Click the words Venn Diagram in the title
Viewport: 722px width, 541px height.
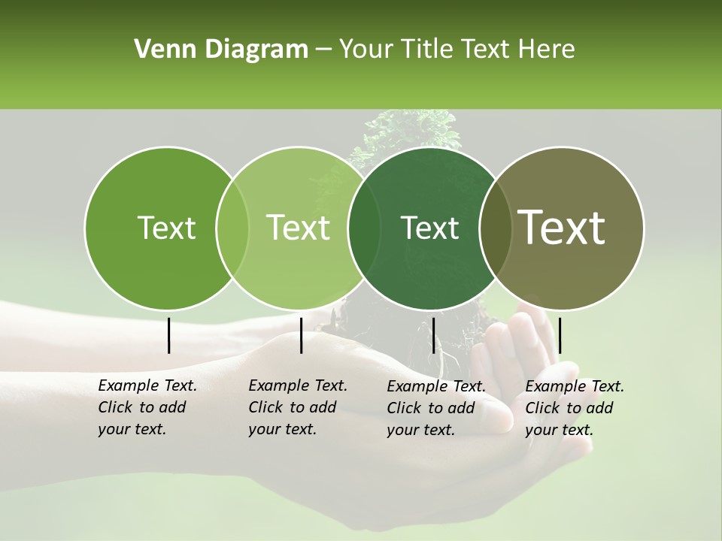coord(221,50)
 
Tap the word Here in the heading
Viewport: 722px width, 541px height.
coord(546,50)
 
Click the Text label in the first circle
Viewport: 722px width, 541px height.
coord(166,228)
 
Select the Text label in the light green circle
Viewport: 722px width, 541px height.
coord(298,228)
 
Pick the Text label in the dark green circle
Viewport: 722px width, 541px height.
coord(429,228)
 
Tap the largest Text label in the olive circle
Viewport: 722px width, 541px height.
coord(562,228)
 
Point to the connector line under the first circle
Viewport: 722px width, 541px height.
coord(168,335)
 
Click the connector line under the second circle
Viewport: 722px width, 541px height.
coord(301,335)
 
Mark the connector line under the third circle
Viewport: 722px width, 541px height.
coord(433,335)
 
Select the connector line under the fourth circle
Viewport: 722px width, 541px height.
coord(560,335)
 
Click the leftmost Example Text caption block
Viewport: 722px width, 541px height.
coord(147,407)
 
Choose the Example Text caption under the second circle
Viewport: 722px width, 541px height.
coord(298,407)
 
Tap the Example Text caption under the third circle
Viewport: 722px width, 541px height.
coord(436,408)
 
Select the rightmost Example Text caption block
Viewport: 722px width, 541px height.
coord(575,408)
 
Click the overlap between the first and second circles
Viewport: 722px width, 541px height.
coord(232,228)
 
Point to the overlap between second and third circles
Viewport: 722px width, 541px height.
coord(364,228)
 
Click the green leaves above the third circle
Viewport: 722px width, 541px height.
coord(410,129)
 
